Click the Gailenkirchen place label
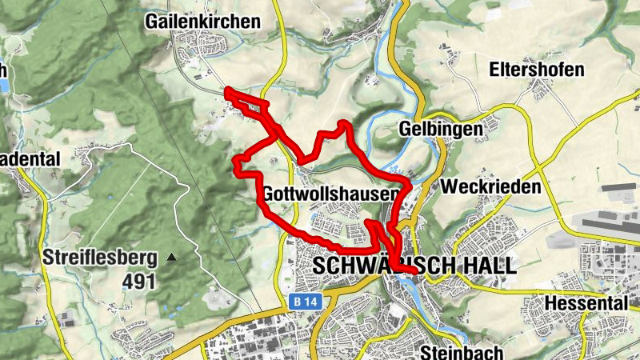click(x=203, y=22)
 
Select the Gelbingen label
click(x=440, y=130)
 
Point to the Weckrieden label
click(x=490, y=186)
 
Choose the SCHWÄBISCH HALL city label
click(x=416, y=266)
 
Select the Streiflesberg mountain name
click(x=99, y=258)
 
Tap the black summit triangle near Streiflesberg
click(x=171, y=258)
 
